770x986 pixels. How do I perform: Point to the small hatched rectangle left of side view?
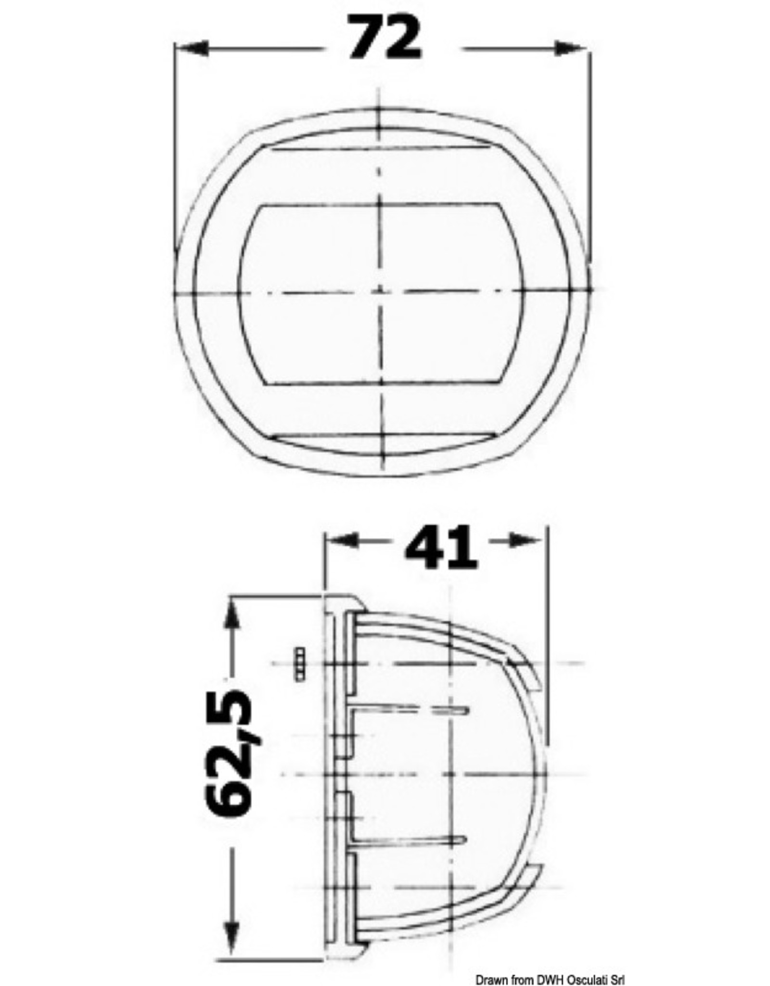(299, 664)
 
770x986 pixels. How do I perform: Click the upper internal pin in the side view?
(409, 710)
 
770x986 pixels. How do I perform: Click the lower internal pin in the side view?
(409, 840)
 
